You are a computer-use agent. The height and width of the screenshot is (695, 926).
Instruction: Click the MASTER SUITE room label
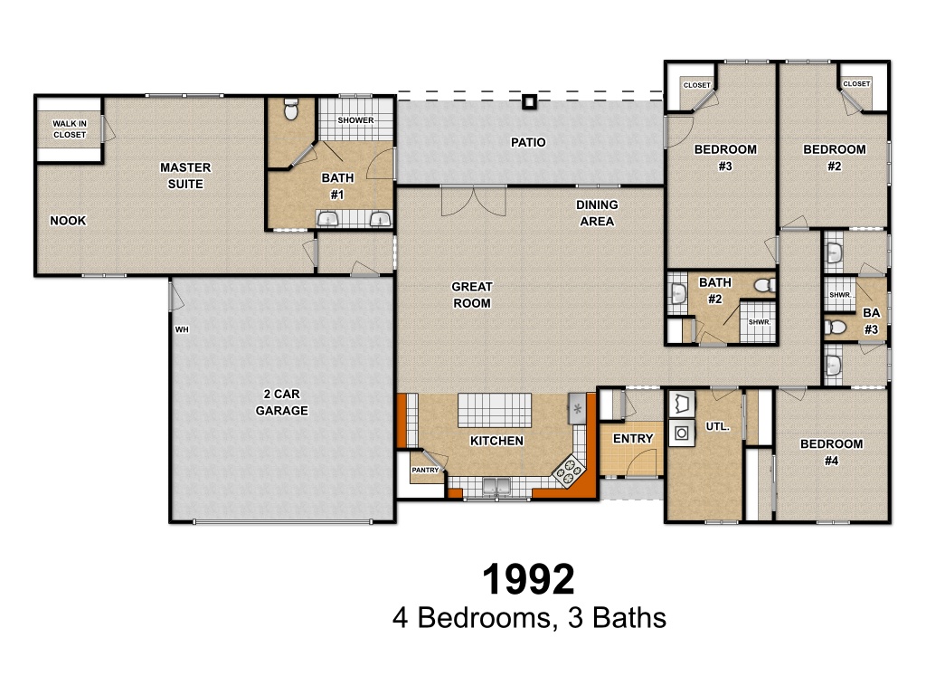click(185, 176)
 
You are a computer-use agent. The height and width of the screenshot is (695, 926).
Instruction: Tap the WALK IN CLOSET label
click(70, 129)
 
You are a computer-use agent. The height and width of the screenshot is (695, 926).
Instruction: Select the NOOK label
click(68, 221)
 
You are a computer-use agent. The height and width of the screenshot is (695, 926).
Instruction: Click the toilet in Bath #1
click(291, 109)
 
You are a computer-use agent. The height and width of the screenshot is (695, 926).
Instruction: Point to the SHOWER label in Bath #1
click(355, 120)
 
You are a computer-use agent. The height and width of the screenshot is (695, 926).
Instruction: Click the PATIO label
click(528, 142)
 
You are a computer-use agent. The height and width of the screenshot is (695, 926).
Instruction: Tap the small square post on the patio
click(529, 102)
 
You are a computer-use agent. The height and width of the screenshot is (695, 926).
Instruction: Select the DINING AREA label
click(597, 213)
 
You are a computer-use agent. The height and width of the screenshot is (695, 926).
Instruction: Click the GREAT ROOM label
click(472, 295)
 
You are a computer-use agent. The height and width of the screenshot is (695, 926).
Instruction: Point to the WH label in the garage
click(182, 329)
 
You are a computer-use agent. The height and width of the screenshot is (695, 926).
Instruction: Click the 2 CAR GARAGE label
click(282, 402)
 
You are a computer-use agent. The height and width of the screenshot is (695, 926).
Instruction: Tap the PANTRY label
click(425, 470)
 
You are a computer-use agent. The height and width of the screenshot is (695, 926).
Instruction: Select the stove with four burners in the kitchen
click(568, 471)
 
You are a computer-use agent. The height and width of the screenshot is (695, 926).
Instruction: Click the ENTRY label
click(633, 439)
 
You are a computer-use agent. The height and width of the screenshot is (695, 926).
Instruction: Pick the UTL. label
click(717, 426)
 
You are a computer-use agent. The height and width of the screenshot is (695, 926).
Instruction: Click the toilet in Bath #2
click(765, 286)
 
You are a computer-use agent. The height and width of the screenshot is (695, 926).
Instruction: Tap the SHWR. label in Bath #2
click(760, 322)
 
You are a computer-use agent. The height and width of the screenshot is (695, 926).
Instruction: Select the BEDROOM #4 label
click(832, 452)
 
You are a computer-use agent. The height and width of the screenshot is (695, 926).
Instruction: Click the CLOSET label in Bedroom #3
click(697, 85)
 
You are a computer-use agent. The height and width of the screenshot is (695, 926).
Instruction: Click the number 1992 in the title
click(528, 579)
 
